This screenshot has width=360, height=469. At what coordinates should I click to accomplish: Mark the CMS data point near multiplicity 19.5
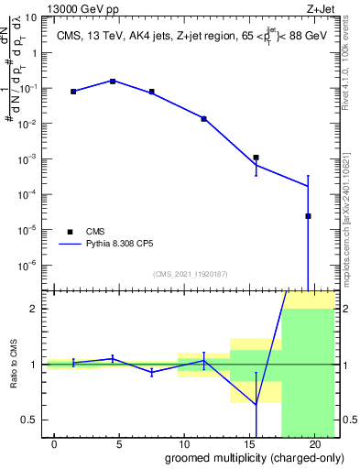[309, 216]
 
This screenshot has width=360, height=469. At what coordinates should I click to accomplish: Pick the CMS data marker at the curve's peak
[113, 81]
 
